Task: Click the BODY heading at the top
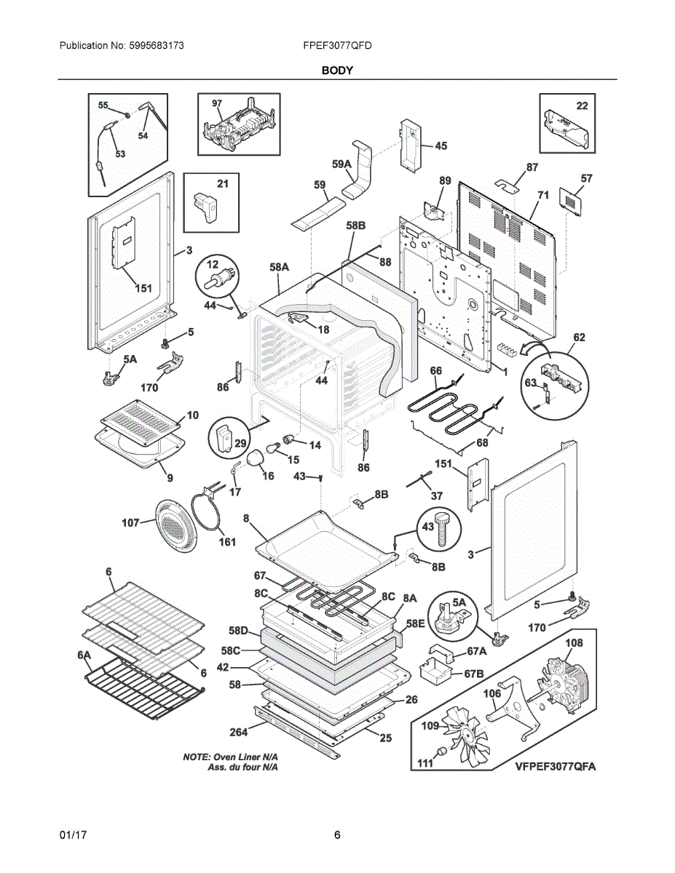point(337,71)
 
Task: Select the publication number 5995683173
point(157,46)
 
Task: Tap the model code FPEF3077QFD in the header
point(337,46)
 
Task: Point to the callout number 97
point(217,103)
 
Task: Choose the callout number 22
point(582,105)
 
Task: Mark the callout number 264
point(238,732)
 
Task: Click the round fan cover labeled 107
point(176,525)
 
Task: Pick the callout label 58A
point(279,267)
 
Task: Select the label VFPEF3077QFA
point(556,767)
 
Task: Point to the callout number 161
point(227,542)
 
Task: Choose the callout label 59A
point(342,164)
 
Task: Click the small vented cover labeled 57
point(571,202)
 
